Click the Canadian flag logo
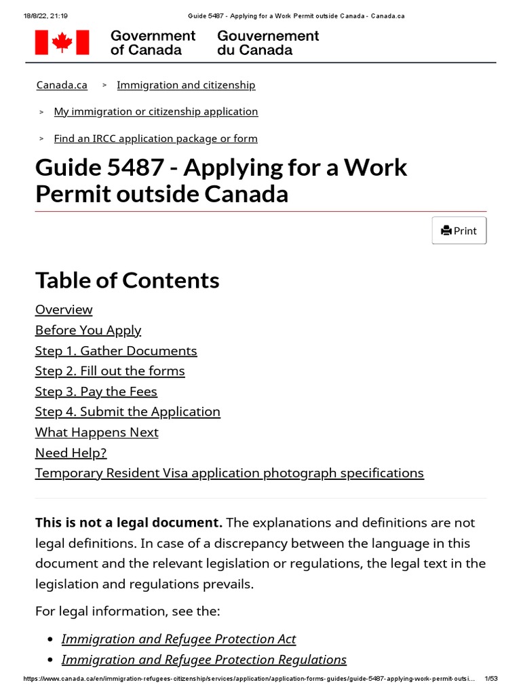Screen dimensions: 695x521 (x=62, y=42)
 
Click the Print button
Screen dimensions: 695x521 (x=459, y=231)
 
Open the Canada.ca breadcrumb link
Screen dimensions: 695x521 (x=62, y=85)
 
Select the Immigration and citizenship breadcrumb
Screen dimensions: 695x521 (x=186, y=85)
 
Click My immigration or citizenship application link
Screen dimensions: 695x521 (x=156, y=111)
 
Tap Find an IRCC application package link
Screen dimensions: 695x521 (x=156, y=138)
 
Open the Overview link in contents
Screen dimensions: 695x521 (x=64, y=309)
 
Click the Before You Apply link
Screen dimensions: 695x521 (x=88, y=330)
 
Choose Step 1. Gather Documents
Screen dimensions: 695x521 (x=116, y=351)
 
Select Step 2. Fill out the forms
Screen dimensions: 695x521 (x=110, y=371)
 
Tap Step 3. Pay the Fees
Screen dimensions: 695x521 (x=96, y=392)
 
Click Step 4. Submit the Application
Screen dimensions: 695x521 (x=128, y=411)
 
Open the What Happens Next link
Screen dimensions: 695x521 (x=97, y=432)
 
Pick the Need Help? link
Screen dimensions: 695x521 (x=71, y=453)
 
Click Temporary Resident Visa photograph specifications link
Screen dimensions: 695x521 (x=229, y=473)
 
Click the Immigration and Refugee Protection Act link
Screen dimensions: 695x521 (x=178, y=639)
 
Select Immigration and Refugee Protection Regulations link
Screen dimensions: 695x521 (x=204, y=659)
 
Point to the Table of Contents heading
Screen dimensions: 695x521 (x=128, y=280)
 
